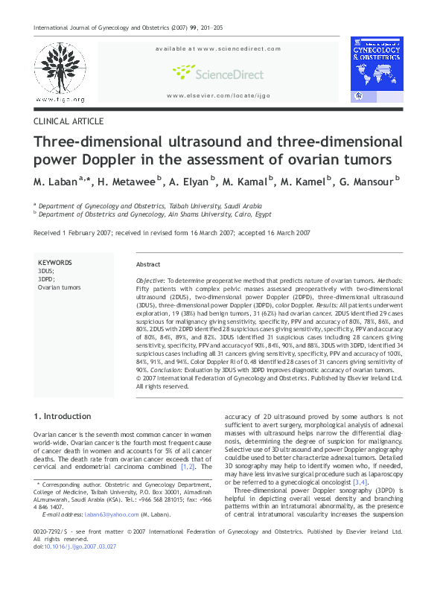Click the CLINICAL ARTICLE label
pyautogui.click(x=68, y=121)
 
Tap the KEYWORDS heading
pyautogui.click(x=55, y=263)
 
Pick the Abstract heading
pyautogui.click(x=148, y=265)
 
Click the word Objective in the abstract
pyautogui.click(x=150, y=278)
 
